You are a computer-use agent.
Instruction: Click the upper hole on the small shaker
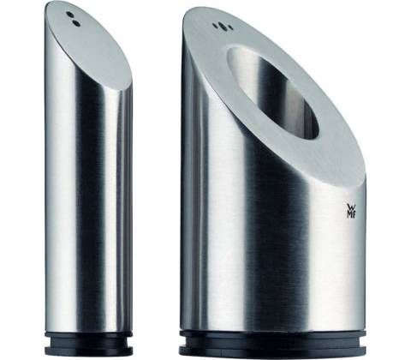(x=69, y=15)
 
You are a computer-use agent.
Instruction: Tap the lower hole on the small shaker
(x=76, y=23)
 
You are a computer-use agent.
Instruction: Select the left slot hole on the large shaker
(x=216, y=26)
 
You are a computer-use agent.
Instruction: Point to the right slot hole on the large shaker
(x=229, y=28)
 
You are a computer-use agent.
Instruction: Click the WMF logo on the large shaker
(x=350, y=211)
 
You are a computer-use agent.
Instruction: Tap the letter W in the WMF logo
(x=350, y=207)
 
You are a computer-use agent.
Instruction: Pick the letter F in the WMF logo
(x=353, y=214)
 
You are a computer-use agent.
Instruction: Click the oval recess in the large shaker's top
(x=272, y=93)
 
